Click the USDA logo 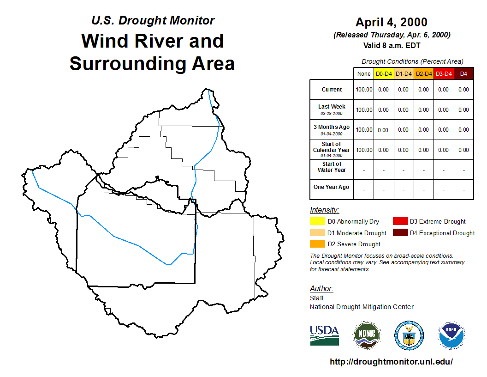324,335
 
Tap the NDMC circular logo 367,335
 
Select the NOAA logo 451,335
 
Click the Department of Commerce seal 409,335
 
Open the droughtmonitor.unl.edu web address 392,361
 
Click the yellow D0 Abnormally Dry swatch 317,221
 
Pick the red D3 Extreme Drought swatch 400,221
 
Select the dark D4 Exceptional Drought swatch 400,232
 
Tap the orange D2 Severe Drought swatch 317,244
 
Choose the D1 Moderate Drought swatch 317,232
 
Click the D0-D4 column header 384,74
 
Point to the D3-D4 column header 444,74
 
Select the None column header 364,74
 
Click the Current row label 332,90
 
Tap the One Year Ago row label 332,187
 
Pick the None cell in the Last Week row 364,110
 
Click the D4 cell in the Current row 463,90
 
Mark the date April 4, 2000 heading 392,22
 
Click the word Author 321,288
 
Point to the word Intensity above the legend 324,210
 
